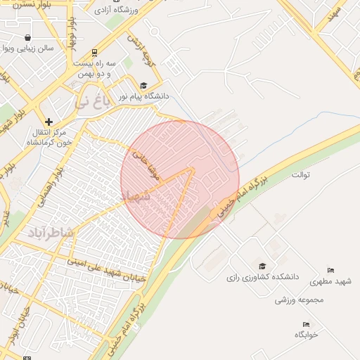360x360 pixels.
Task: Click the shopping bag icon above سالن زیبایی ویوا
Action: coord(27,38)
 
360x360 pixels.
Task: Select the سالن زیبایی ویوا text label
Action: coord(27,49)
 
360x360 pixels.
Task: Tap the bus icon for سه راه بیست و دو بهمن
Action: coord(95,52)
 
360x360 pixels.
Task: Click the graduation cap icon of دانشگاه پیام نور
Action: coord(144,85)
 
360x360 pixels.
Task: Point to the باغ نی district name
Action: coord(92,102)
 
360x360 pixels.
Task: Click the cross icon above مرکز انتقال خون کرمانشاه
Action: coord(49,122)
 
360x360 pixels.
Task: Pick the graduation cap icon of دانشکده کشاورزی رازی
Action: coord(262,266)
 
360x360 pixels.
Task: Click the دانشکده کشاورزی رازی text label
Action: coord(262,277)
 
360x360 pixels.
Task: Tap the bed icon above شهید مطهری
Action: coord(331,271)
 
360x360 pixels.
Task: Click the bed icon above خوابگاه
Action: coord(306,324)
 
